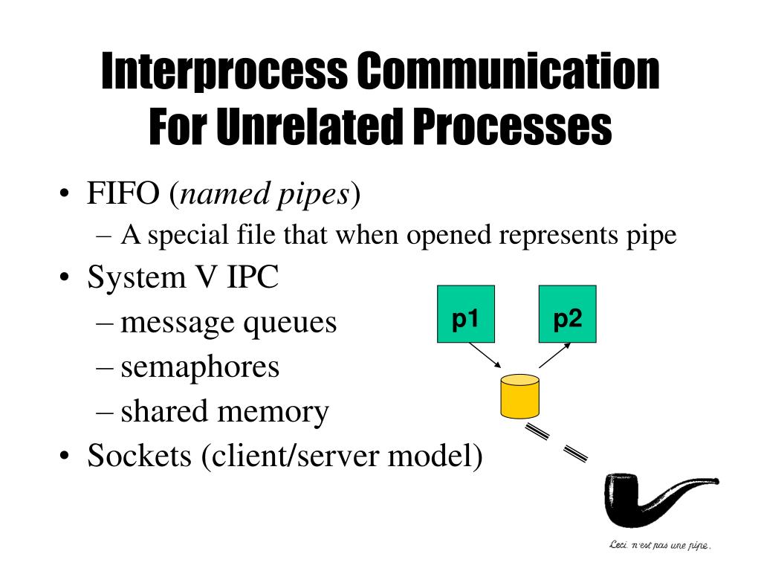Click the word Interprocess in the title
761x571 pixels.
point(224,72)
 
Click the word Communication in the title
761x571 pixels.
point(508,72)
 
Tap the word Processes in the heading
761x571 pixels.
point(512,127)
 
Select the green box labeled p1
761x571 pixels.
point(465,314)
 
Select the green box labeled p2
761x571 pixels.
point(567,314)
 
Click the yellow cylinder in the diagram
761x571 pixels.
point(519,396)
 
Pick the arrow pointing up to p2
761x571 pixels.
point(554,355)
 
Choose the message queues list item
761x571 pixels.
point(228,323)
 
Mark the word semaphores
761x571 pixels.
point(200,367)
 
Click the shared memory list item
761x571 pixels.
point(224,411)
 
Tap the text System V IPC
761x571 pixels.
point(183,278)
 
